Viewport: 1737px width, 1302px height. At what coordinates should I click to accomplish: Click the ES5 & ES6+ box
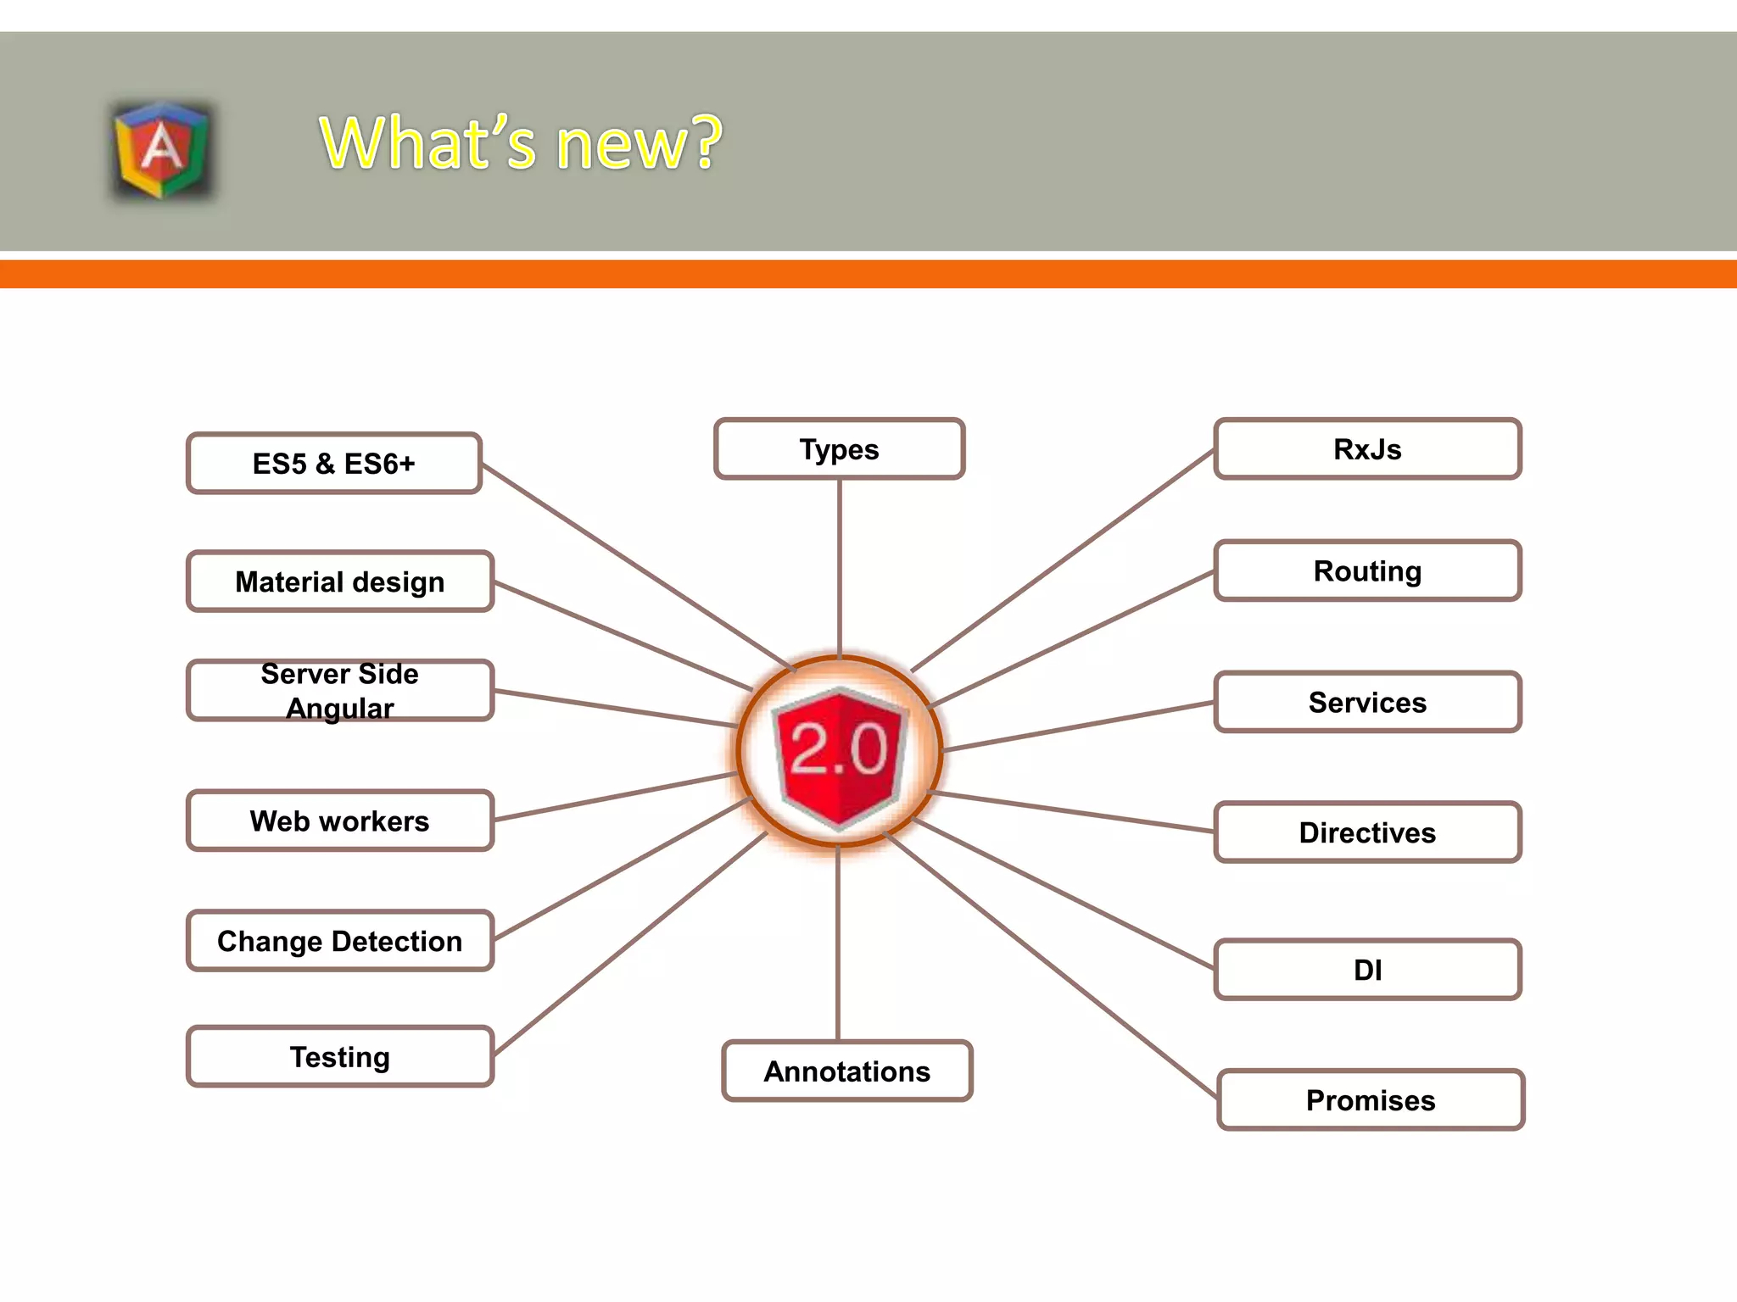[x=334, y=464]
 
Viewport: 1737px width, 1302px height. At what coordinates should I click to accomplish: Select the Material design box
[x=339, y=581]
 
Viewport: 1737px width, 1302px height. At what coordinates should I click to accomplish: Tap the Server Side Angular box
[x=339, y=691]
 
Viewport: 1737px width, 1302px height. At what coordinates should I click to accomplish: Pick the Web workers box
[x=339, y=821]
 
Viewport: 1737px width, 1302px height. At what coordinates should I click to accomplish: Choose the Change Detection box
[x=339, y=941]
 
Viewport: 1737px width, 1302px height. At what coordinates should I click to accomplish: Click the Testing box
[x=339, y=1057]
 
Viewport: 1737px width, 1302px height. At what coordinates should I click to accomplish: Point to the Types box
[x=839, y=449]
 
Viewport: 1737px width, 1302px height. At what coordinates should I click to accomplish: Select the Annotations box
[x=846, y=1071]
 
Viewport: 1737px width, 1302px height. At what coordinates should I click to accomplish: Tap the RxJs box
[x=1367, y=449]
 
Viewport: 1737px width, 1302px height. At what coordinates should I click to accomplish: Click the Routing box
[x=1367, y=571]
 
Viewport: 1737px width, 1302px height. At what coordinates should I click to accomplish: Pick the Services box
[x=1367, y=702]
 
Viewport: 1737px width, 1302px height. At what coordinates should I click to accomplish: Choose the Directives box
[x=1367, y=832]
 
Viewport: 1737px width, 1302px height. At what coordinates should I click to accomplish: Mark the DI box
[x=1367, y=970]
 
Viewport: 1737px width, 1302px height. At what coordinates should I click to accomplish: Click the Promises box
[x=1371, y=1100]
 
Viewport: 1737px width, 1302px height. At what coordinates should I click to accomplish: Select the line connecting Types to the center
[x=840, y=568]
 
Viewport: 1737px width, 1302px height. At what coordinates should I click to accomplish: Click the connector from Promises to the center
[x=1052, y=966]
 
